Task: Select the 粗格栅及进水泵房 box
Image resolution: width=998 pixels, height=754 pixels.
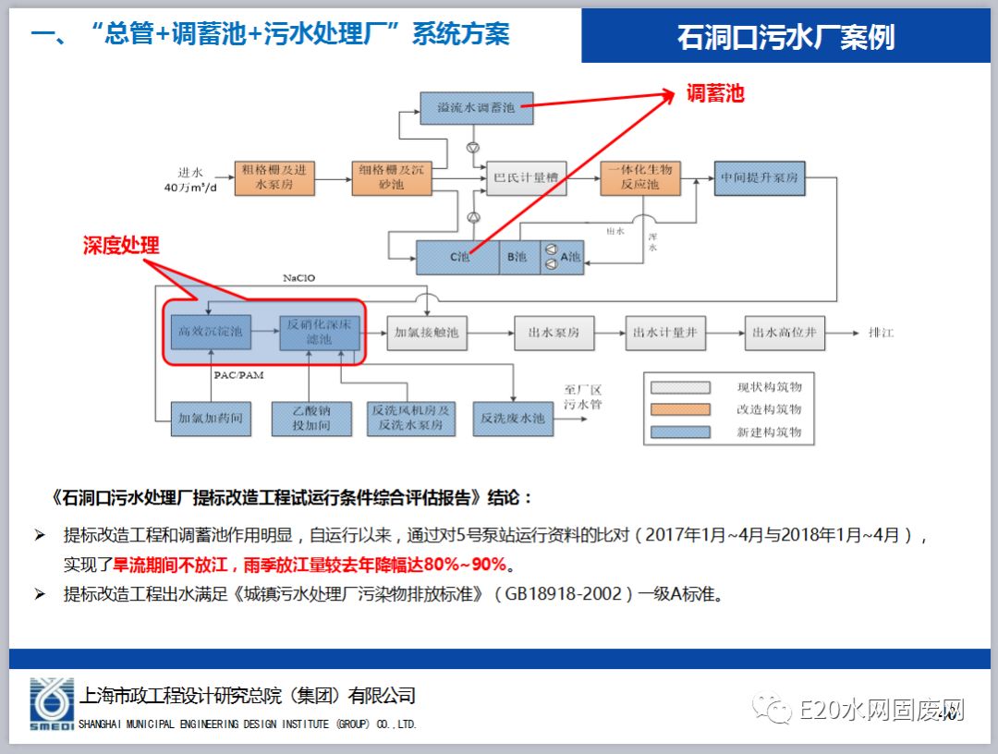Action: point(274,177)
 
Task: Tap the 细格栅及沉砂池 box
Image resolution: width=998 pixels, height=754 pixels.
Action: point(392,177)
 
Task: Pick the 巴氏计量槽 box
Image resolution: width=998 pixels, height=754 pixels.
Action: point(526,177)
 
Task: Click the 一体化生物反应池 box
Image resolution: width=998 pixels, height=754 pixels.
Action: point(639,177)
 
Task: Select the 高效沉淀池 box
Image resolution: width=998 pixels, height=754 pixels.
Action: point(210,332)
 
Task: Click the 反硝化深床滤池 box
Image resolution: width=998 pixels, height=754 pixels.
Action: point(319,332)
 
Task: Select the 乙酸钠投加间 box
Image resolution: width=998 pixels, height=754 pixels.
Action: point(311,418)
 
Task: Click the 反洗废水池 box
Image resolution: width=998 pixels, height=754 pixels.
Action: point(512,418)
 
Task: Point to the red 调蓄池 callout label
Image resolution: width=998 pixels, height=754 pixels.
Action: point(714,93)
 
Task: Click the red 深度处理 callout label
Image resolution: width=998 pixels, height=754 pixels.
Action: point(121,245)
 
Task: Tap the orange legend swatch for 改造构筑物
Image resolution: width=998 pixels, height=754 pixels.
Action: point(680,409)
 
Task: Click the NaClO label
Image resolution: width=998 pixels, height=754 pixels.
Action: point(305,278)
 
